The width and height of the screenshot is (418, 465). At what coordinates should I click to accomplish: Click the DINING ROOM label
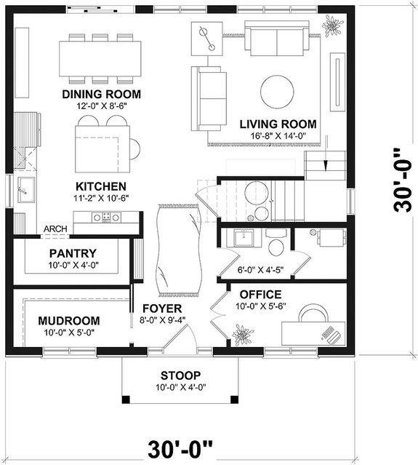101,95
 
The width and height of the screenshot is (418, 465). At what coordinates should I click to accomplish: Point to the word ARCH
55,229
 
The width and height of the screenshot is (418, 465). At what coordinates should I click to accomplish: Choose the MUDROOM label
69,320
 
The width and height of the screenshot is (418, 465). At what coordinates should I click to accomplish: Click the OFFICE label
260,294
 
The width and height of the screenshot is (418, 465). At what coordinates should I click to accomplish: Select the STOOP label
180,375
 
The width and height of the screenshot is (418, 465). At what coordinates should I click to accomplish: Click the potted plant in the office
240,334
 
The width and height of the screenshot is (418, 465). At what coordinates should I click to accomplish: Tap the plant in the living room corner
334,25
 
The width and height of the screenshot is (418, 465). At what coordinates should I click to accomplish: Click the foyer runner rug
177,251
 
